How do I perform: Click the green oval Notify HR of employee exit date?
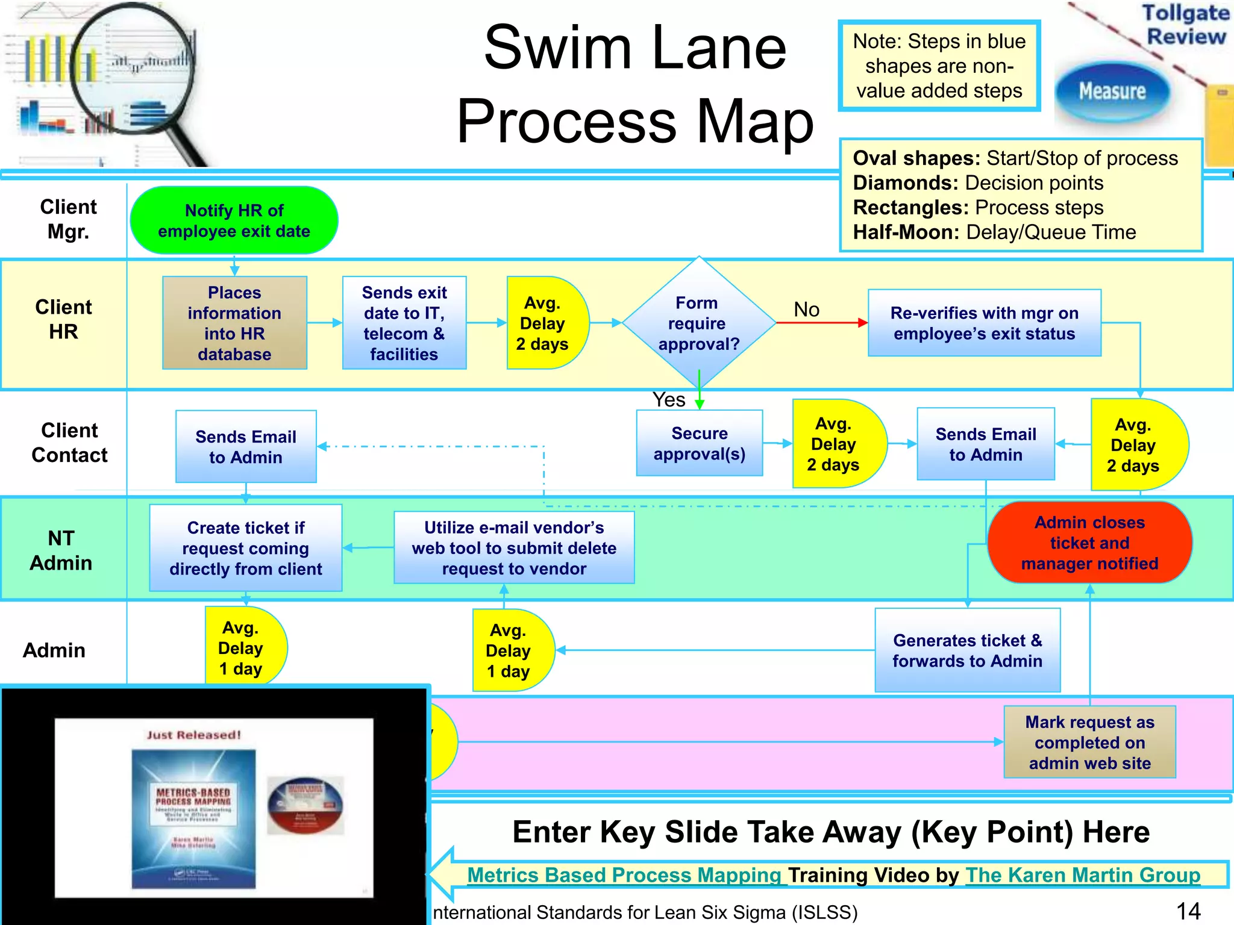pos(234,220)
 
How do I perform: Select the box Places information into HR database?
pos(234,323)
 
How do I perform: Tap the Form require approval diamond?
pos(698,323)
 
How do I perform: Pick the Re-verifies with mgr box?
pos(984,323)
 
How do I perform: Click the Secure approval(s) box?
pos(699,443)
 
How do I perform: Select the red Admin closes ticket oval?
pos(1089,543)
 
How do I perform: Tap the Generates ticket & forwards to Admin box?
pos(967,650)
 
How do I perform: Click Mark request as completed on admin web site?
pos(1089,742)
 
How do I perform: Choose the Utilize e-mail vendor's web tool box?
pos(514,548)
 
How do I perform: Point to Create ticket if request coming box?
pos(246,548)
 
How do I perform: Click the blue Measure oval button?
pos(1112,92)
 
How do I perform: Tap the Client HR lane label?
pos(63,319)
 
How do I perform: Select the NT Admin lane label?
pos(61,550)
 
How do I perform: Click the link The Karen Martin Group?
pos(1083,874)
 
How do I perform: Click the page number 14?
pos(1188,911)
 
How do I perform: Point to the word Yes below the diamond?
pos(669,400)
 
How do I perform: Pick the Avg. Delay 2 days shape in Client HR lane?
pos(542,323)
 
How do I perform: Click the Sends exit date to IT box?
pos(404,323)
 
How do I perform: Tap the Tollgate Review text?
pos(1186,24)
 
